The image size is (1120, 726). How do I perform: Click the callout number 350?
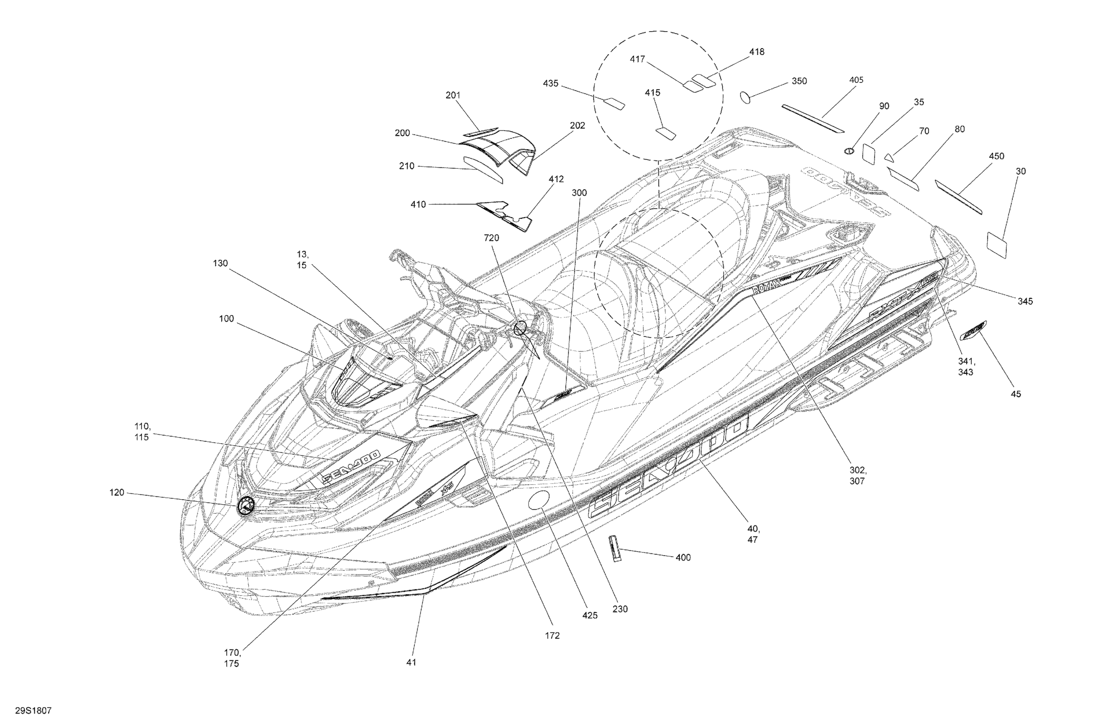point(799,81)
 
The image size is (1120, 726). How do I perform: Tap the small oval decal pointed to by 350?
point(746,98)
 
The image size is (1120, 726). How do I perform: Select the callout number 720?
point(491,238)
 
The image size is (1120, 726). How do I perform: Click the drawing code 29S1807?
point(33,711)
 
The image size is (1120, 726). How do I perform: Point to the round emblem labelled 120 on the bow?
point(245,506)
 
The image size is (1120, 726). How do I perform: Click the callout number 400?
point(683,558)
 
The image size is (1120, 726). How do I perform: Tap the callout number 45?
point(1016,394)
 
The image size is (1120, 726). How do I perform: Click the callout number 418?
point(757,52)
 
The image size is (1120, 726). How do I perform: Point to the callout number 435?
point(551,83)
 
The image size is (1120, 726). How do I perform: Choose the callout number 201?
point(453,95)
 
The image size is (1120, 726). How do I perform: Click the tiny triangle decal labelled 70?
point(888,157)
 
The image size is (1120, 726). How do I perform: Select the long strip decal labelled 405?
point(813,119)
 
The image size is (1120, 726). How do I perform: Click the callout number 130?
point(220,263)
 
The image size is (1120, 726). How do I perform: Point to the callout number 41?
point(411,662)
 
